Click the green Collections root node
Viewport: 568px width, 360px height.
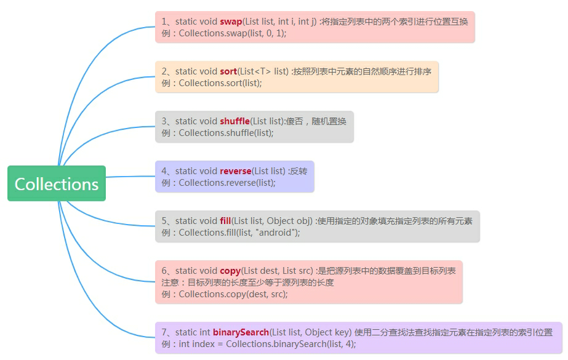pyautogui.click(x=57, y=183)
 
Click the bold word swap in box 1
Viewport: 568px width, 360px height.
pyautogui.click(x=231, y=22)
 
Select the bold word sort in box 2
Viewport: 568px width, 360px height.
pyautogui.click(x=228, y=71)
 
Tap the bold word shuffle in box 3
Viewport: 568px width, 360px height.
pyautogui.click(x=234, y=121)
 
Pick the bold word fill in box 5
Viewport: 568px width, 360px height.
pyautogui.click(x=225, y=221)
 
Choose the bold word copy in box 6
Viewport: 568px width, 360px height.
pyautogui.click(x=230, y=271)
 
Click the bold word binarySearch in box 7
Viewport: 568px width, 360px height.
pyautogui.click(x=241, y=332)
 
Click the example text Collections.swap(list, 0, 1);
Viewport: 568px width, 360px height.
pyautogui.click(x=233, y=33)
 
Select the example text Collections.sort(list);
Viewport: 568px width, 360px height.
pyautogui.click(x=220, y=83)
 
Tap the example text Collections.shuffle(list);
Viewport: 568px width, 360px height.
pyautogui.click(x=226, y=133)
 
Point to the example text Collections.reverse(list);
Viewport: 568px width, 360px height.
pyautogui.click(x=227, y=183)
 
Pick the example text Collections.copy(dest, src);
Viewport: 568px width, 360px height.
pyautogui.click(x=233, y=294)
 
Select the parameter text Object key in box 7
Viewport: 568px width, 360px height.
pyautogui.click(x=329, y=332)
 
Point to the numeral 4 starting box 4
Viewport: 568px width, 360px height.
pyautogui.click(x=164, y=171)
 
